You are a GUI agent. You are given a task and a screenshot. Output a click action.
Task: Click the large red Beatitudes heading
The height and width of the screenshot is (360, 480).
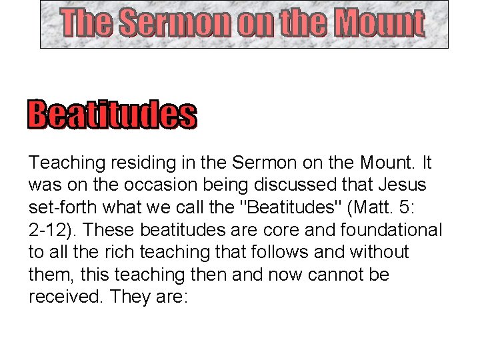point(112,115)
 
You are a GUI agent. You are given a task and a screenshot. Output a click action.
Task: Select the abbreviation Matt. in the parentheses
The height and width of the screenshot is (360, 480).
point(373,207)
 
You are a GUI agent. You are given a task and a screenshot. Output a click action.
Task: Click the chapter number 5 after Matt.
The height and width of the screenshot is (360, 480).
point(407,207)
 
